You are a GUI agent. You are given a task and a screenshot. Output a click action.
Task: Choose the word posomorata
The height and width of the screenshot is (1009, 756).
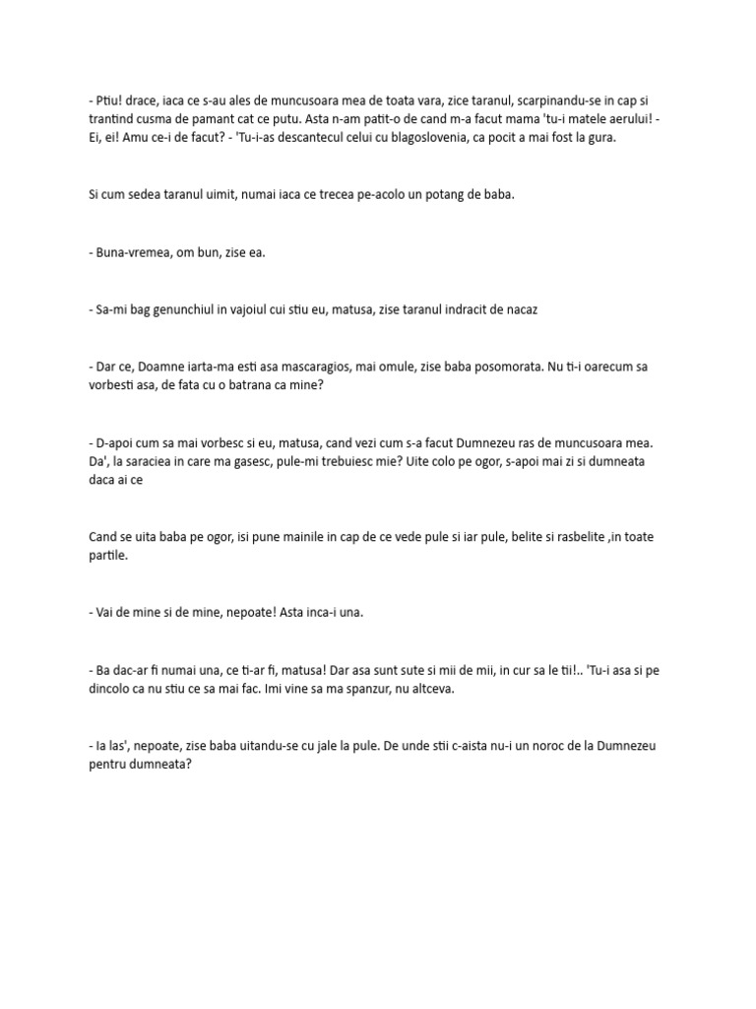point(493,367)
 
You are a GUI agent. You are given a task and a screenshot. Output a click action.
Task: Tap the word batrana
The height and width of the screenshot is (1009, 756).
point(254,385)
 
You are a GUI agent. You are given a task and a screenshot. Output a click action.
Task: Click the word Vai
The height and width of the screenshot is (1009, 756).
point(107,613)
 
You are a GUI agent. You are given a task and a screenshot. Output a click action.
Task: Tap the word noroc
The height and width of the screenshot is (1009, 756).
point(549,746)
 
